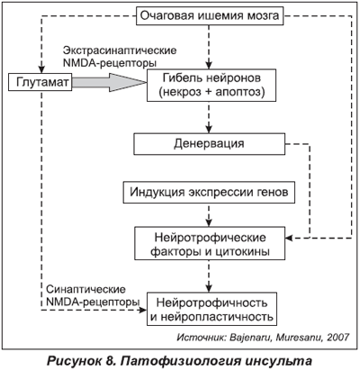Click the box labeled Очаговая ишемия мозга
210,15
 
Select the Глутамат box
40,82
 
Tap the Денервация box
209,144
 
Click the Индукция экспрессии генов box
209,192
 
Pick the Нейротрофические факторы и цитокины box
210,243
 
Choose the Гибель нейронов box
211,86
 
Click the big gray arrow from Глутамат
109,82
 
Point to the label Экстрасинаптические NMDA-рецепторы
119,57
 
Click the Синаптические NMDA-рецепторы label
93,295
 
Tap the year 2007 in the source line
338,337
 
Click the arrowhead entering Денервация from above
209,130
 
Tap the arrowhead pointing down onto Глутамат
41,69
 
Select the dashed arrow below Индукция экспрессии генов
209,215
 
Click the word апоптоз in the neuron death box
237,92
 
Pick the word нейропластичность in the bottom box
218,316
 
